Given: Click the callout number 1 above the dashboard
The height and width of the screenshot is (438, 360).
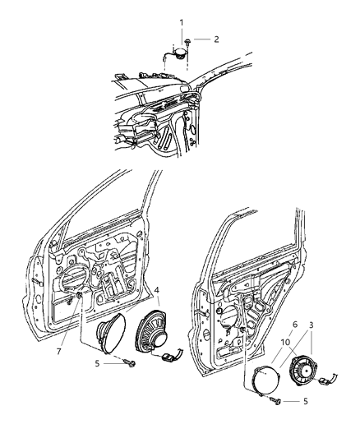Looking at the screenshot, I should tap(182, 21).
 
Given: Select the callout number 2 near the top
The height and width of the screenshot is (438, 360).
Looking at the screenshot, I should tap(216, 39).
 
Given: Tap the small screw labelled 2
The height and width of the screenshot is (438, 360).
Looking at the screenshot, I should tap(189, 39).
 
